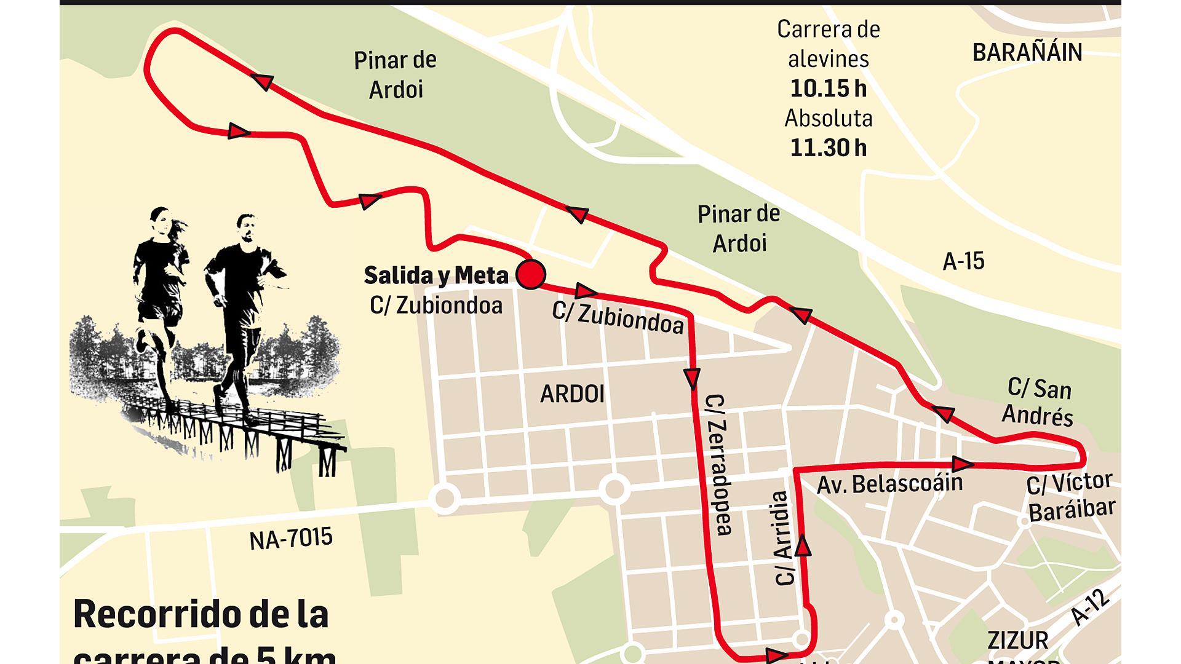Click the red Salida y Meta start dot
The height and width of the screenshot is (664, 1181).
click(530, 274)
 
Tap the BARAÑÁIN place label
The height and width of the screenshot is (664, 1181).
click(1027, 52)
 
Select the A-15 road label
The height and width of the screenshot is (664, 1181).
click(963, 261)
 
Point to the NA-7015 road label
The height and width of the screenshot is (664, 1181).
click(291, 539)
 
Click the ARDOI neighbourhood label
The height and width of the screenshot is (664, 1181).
click(572, 394)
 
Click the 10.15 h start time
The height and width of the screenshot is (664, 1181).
click(828, 89)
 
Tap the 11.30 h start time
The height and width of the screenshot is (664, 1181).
click(828, 148)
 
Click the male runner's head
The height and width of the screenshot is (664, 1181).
click(246, 227)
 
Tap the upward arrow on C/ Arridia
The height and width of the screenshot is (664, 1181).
click(803, 546)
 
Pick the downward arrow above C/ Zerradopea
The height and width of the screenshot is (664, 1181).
click(693, 377)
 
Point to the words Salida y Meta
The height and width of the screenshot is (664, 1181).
click(436, 275)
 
